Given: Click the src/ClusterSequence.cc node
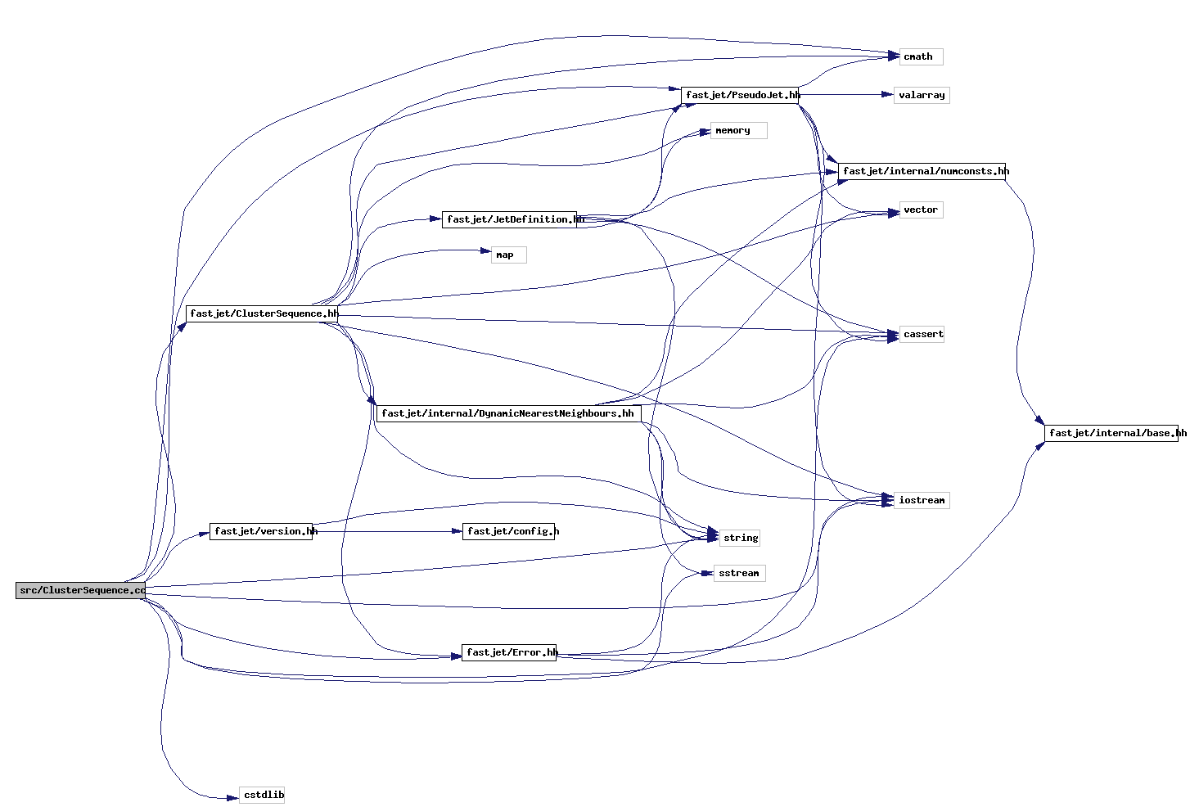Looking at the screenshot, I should (x=81, y=590).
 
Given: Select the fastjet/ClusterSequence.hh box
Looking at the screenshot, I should (x=263, y=313).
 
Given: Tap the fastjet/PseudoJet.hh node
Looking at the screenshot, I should (x=740, y=95).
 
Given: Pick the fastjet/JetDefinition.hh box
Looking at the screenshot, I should (x=509, y=219).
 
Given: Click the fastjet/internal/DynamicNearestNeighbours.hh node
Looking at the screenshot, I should (x=507, y=413).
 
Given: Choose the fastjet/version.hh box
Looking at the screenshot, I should (x=261, y=531).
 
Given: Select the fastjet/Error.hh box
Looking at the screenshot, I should (x=509, y=652).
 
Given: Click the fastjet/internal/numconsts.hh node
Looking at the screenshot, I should (x=922, y=171).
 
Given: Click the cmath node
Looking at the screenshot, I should (x=921, y=56).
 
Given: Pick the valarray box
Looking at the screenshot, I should (x=922, y=95).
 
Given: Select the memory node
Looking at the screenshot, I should (x=738, y=130).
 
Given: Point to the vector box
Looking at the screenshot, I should (x=921, y=210).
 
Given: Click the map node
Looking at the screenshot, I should (x=508, y=255).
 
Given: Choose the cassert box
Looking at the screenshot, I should (x=922, y=334).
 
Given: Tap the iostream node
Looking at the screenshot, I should (x=922, y=500).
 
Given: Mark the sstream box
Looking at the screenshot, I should (x=739, y=573).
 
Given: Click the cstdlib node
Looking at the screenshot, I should (x=262, y=795).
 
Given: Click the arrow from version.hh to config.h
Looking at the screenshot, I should (x=385, y=531).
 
